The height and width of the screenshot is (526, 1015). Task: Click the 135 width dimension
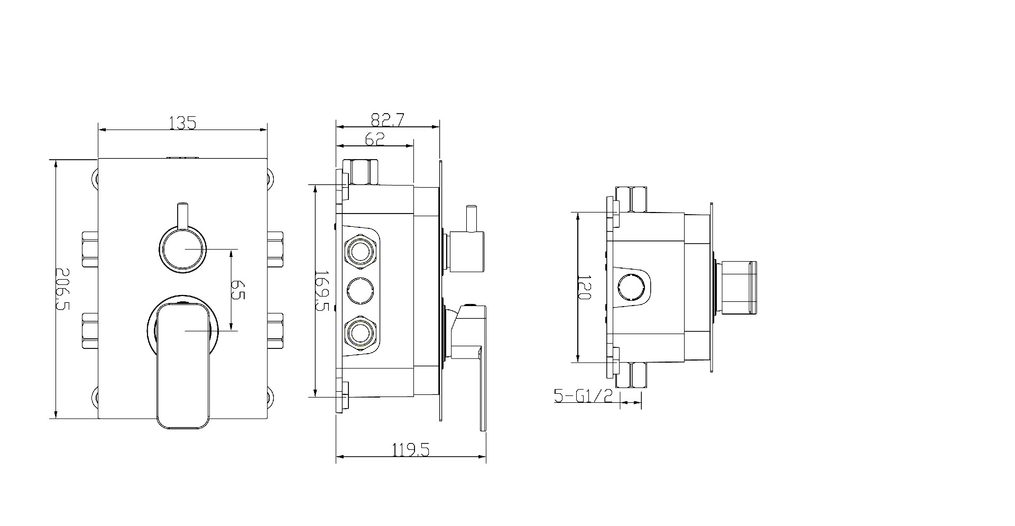coord(182,123)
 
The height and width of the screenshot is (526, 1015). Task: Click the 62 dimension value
coord(374,139)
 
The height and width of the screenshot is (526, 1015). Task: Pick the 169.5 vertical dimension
coord(321,291)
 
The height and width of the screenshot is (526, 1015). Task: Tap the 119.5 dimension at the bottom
coord(411,450)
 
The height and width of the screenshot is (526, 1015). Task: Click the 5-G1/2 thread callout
coord(583,395)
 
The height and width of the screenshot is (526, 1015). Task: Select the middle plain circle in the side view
coord(360,291)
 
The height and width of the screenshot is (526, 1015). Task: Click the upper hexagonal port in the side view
coord(360,251)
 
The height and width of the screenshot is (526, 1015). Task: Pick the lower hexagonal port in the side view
coord(360,332)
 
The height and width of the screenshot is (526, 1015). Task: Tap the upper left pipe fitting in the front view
coord(90,248)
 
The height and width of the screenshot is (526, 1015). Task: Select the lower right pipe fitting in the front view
coord(276,330)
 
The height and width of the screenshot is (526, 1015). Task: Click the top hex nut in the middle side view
coord(361,171)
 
